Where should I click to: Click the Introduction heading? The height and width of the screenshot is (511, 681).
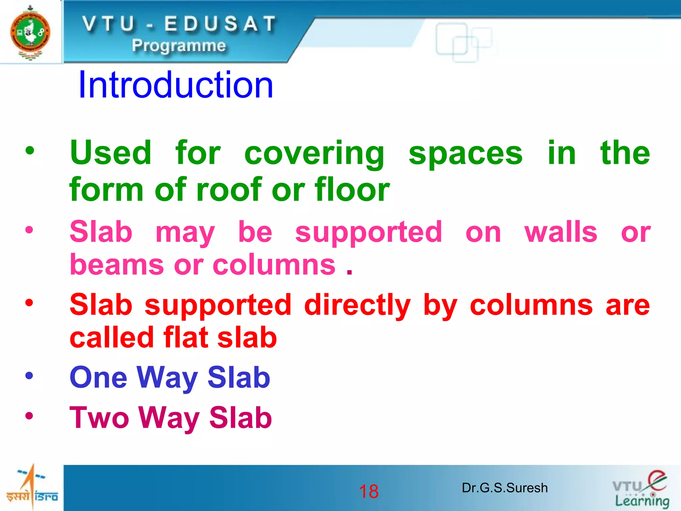tap(176, 85)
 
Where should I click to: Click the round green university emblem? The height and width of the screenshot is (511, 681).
tap(30, 33)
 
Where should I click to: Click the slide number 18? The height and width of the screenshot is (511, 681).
tap(369, 491)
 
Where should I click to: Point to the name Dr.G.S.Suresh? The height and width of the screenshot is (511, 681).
tap(504, 488)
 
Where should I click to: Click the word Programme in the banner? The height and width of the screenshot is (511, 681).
tap(179, 46)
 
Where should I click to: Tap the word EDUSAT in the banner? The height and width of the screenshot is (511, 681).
tap(220, 24)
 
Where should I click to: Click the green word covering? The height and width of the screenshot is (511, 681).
tap(314, 154)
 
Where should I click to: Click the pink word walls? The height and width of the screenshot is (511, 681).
tap(561, 232)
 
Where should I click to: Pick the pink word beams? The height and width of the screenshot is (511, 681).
tap(117, 265)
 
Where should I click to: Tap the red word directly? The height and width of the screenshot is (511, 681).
tap(357, 305)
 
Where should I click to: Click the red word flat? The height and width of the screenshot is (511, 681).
tap(187, 338)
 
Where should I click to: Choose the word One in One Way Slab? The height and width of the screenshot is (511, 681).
tap(98, 378)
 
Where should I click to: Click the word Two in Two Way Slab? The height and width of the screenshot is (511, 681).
tap(99, 418)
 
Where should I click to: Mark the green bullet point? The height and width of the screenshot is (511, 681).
tap(30, 151)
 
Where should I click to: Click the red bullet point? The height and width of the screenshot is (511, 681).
tap(29, 303)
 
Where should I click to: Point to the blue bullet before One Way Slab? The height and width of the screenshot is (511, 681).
tap(29, 376)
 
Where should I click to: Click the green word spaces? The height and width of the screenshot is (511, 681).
tap(465, 154)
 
